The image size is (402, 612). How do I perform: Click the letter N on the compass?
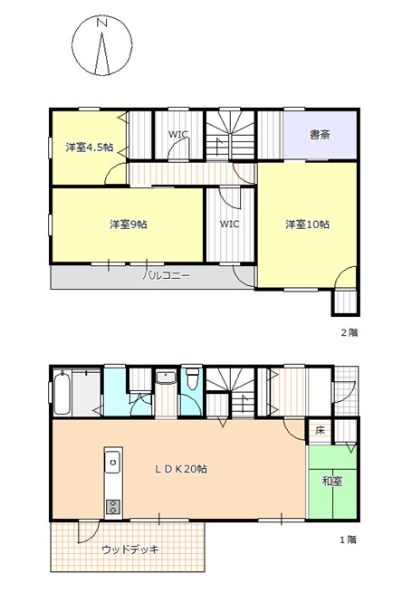pos(102,23)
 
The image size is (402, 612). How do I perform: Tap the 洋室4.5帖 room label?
pos(90,148)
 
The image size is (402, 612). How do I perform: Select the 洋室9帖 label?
pos(128,225)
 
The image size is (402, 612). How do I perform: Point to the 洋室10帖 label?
pos(307,225)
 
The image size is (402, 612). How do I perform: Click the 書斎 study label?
pos(320,135)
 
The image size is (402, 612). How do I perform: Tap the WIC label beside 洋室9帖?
pos(229,225)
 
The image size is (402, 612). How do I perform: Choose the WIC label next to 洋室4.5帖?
pos(178,134)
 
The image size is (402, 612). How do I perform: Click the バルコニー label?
pos(166,276)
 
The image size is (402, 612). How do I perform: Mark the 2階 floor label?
pos(349,333)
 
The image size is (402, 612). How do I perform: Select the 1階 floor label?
pos(348,540)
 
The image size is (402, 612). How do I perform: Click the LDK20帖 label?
pos(181,469)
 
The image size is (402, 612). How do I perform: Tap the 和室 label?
pos(332,482)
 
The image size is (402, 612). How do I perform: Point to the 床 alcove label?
pos(320,431)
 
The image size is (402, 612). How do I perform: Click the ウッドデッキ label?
pos(130,550)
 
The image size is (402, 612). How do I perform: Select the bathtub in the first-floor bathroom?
pos(62,393)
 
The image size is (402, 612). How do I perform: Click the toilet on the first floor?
pos(192,380)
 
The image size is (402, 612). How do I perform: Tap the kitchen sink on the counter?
pos(113,462)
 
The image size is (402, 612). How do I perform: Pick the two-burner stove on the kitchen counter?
pos(113,507)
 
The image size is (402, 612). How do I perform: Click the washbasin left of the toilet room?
pos(166,378)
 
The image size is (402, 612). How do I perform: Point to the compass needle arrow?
pos(102,53)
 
